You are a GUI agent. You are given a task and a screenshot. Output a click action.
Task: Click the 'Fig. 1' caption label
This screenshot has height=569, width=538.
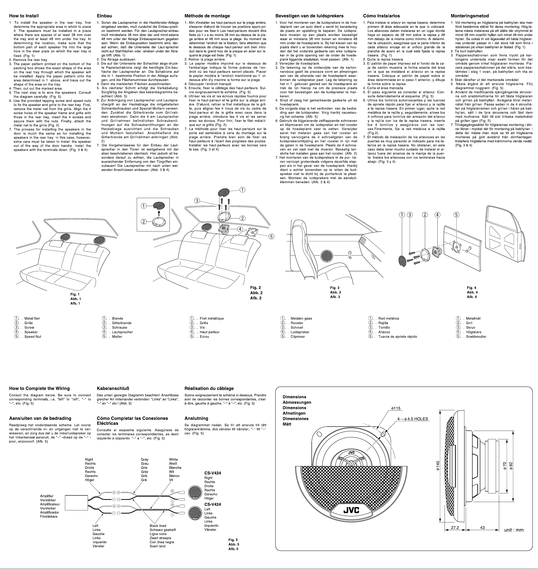[75, 294]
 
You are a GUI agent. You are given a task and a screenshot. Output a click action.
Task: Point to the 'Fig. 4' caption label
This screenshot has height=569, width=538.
[471, 288]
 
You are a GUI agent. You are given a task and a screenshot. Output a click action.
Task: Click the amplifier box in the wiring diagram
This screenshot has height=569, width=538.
[77, 502]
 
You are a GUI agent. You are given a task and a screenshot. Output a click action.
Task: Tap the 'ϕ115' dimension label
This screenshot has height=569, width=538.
[396, 408]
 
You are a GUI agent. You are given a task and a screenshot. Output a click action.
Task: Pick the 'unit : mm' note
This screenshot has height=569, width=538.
[514, 530]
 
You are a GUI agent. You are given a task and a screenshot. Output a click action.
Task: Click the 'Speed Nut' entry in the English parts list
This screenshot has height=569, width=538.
[33, 337]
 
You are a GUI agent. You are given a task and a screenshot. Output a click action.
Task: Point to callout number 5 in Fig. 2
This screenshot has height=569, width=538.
[271, 236]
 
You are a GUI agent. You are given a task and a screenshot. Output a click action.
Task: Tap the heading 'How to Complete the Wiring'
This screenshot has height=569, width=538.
[39, 388]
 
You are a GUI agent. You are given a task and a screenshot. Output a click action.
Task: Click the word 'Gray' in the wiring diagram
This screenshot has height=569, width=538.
[145, 460]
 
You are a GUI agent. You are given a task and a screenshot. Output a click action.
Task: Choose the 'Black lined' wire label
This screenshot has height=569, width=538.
[158, 526]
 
